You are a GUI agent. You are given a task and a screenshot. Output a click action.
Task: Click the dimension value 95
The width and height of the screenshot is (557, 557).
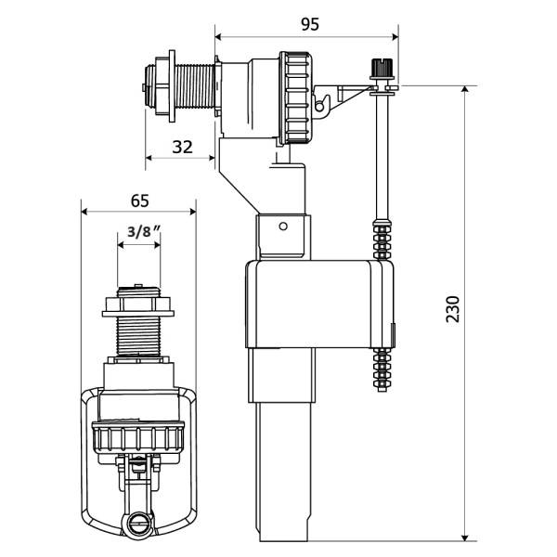coord(310,24)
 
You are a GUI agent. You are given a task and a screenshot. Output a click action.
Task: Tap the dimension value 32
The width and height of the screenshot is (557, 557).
coord(182,147)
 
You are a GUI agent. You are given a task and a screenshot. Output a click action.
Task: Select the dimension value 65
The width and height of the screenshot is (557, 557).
coord(139,201)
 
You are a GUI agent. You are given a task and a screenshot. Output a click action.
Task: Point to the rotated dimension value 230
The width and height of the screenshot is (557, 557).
coord(453,309)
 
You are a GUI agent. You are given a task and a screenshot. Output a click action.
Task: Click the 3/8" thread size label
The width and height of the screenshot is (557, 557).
coord(143,231)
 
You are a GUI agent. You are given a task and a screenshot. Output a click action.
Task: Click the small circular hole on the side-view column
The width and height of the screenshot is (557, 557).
coord(283,226)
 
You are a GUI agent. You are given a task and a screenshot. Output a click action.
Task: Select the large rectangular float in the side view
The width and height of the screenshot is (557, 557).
coord(319,304)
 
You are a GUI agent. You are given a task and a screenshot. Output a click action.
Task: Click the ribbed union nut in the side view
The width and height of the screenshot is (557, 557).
coord(295,98)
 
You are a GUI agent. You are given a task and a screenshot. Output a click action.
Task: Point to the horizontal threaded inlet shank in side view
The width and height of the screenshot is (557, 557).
coord(195,86)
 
